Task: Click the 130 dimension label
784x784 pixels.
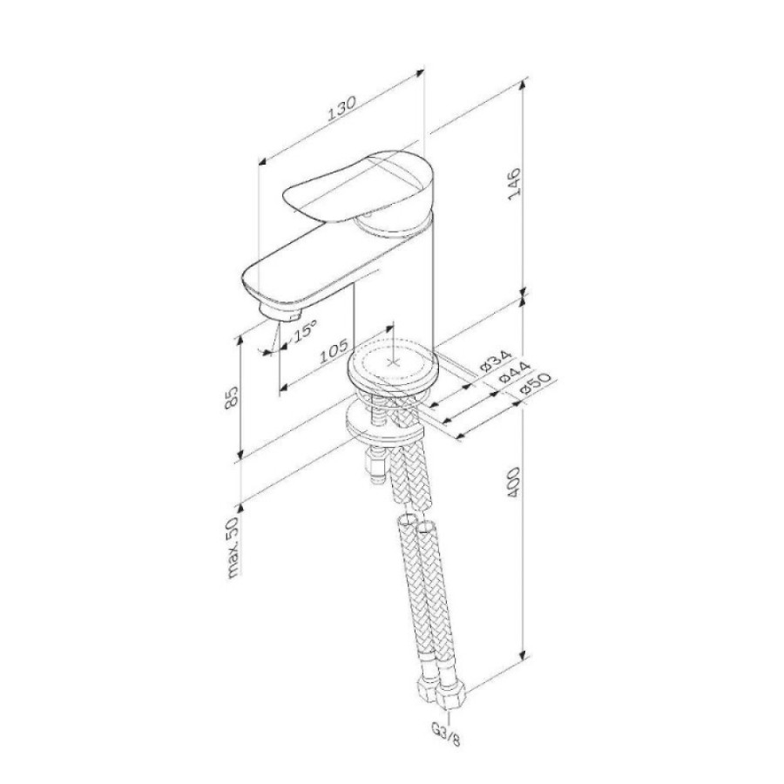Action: (341, 108)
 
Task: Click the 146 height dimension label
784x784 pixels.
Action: (515, 184)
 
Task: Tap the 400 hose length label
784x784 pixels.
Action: (513, 482)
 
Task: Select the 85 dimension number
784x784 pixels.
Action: (232, 398)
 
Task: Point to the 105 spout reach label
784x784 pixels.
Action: (334, 351)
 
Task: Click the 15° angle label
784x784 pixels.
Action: (303, 330)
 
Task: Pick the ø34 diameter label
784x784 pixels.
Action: (496, 362)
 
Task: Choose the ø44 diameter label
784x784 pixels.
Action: (514, 373)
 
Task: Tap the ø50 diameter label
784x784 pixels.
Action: (534, 384)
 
